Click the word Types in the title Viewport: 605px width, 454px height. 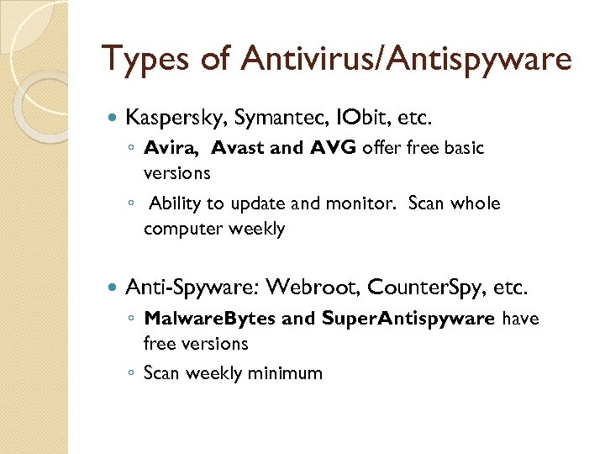pyautogui.click(x=146, y=59)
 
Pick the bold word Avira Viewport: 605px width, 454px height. pyautogui.click(x=171, y=148)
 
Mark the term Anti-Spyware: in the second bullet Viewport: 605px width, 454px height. pyautogui.click(x=192, y=288)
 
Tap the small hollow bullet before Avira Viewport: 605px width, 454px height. pyautogui.click(x=133, y=149)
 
